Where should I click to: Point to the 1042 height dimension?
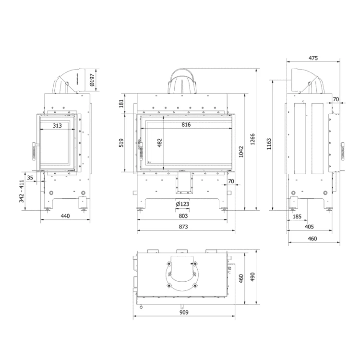pos(242,153)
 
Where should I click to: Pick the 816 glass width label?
pos(186,125)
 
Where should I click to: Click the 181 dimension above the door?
pos(121,103)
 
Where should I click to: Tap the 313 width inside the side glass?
pos(57,125)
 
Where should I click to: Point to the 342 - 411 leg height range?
pos(21,191)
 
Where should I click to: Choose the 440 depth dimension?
pos(65,216)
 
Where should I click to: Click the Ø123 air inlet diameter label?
pos(182,204)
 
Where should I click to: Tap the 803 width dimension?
pos(183,216)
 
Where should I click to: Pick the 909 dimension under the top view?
pos(183,312)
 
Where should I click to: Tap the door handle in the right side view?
pos(343,150)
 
